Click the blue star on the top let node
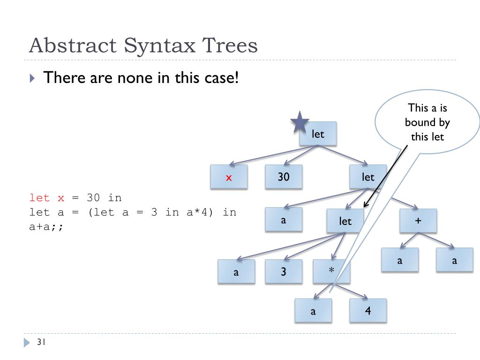[x=300, y=123]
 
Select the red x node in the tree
[x=229, y=177]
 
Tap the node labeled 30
[x=284, y=177]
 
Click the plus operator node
[x=418, y=221]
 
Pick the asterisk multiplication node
[x=331, y=271]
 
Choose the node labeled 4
[x=368, y=310]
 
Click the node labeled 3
[x=284, y=271]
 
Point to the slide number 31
[x=40, y=343]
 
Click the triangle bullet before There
[x=32, y=78]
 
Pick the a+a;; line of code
[x=46, y=227]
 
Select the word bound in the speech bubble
[x=427, y=122]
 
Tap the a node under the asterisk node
[x=313, y=311]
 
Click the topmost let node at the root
[x=318, y=134]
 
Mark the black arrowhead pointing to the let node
[x=366, y=205]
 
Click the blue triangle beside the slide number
[x=27, y=343]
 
